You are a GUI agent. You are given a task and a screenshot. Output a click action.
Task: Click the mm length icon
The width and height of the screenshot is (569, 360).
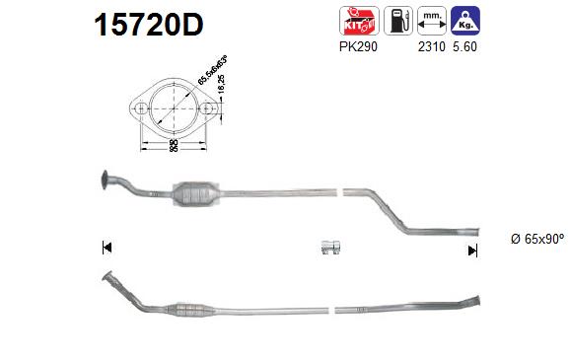[430, 20]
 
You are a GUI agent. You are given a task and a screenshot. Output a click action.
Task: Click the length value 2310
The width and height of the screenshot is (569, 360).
[431, 45]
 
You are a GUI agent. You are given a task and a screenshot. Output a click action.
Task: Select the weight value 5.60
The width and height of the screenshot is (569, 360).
[464, 45]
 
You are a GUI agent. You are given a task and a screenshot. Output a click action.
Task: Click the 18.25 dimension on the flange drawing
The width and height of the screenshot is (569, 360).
[223, 90]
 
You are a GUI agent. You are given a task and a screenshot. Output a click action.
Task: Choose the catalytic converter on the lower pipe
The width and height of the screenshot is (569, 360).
[194, 314]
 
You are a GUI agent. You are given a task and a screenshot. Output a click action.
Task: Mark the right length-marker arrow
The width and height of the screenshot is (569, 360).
[472, 251]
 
